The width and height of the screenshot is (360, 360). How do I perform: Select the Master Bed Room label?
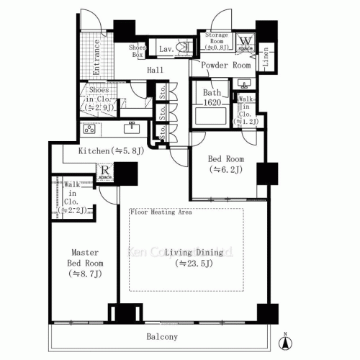pyautogui.click(x=84, y=264)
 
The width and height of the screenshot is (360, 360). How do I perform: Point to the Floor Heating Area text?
pyautogui.click(x=161, y=213)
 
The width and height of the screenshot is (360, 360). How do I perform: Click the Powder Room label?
pyautogui.click(x=225, y=66)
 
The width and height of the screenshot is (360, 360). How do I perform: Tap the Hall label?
pyautogui.click(x=155, y=70)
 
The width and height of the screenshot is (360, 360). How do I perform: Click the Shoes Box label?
pyautogui.click(x=137, y=50)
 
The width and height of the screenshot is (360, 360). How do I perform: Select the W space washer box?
pyautogui.click(x=246, y=43)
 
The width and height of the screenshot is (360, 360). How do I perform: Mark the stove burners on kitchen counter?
pyautogui.click(x=91, y=130)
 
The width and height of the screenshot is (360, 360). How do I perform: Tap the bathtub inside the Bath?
pyautogui.click(x=212, y=115)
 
